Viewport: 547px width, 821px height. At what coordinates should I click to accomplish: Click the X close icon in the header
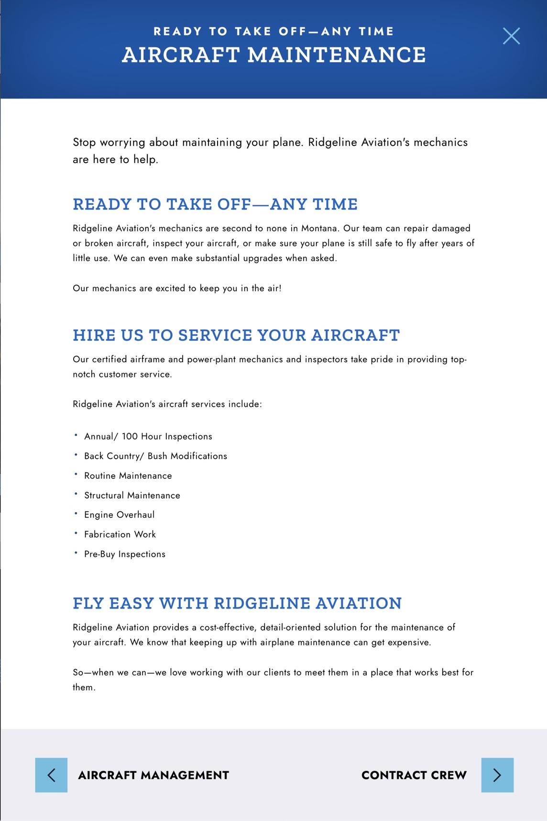pos(511,36)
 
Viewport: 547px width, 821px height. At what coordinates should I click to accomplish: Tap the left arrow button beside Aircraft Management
pos(51,775)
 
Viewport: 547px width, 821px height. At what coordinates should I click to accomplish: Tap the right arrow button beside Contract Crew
pos(497,775)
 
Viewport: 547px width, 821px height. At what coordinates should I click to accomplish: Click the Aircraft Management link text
pos(153,775)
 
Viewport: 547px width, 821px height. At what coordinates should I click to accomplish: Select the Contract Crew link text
pos(414,775)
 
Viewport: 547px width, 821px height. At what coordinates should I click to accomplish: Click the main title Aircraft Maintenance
pos(273,55)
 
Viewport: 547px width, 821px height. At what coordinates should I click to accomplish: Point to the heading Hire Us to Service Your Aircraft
pos(236,335)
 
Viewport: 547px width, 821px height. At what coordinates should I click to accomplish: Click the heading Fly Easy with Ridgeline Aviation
pos(237,603)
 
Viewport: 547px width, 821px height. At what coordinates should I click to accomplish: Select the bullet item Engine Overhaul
pos(120,515)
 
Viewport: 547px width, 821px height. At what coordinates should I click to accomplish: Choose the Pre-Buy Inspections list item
pos(125,554)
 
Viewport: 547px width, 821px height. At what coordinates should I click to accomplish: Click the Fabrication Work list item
pos(120,534)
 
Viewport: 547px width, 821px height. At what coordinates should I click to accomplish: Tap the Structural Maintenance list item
pos(132,495)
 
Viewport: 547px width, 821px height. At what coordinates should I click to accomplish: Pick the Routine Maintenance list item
pos(128,476)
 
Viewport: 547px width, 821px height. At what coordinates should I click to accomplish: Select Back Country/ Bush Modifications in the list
pos(155,456)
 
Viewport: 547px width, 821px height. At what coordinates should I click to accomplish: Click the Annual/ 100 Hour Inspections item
pos(148,436)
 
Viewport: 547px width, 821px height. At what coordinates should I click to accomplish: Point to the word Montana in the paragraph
pos(319,228)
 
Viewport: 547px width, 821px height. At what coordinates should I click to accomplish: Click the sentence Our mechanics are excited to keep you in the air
pos(177,288)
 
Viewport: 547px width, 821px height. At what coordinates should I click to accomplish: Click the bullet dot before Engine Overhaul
pos(76,513)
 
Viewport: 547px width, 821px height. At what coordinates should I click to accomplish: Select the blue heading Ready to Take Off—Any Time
pos(215,204)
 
